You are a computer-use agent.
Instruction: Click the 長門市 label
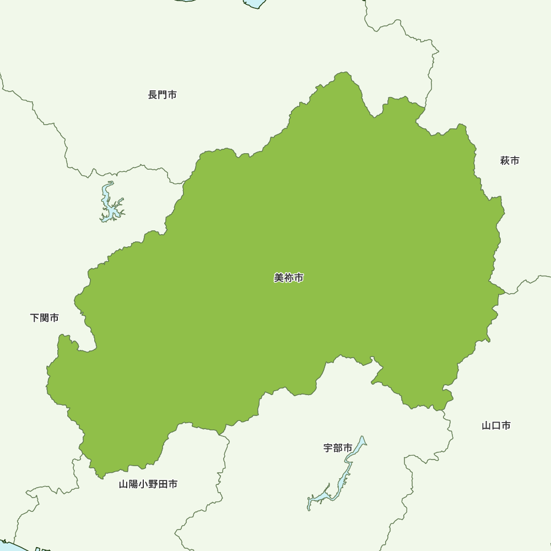(x=163, y=95)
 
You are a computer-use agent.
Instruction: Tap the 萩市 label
(x=510, y=161)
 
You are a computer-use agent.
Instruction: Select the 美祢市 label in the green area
(x=289, y=278)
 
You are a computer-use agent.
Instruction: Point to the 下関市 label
(x=45, y=318)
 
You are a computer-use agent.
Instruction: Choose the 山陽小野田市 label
(x=148, y=484)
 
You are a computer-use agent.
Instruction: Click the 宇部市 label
(x=338, y=448)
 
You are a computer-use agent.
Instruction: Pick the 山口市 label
(x=496, y=425)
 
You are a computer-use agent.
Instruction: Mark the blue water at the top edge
(x=255, y=3)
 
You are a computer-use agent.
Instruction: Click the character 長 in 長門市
(x=153, y=95)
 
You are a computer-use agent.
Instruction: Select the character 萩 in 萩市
(x=505, y=161)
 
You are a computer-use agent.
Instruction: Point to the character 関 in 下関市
(x=45, y=318)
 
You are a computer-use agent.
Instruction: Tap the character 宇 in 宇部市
(x=328, y=448)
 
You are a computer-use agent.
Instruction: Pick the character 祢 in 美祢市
(x=289, y=278)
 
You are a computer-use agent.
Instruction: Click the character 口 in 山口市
(x=496, y=425)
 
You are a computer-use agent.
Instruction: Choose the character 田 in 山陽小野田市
(x=163, y=484)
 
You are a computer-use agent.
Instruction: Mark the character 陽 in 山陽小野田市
(x=133, y=484)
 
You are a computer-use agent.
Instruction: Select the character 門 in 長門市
(x=163, y=95)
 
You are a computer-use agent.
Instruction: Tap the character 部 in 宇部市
(x=338, y=448)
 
